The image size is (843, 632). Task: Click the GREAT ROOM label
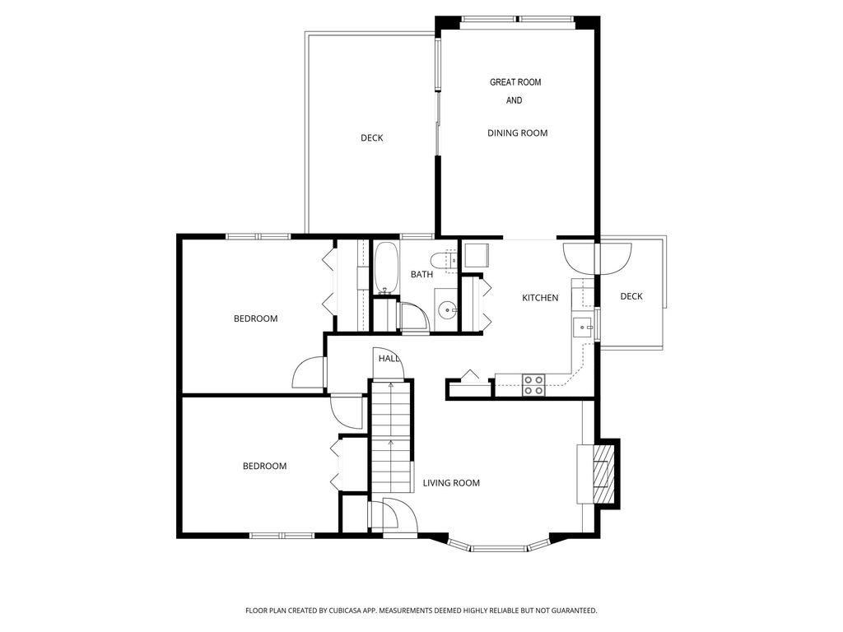pos(515,82)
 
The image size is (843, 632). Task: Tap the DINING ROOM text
pos(517,132)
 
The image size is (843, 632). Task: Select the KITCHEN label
pos(540,298)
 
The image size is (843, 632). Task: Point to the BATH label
pos(421,274)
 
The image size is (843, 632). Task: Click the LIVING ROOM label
pos(451,483)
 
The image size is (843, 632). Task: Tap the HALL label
pos(389,359)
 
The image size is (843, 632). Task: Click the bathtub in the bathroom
pos(386,268)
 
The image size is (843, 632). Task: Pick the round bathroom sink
pos(447,310)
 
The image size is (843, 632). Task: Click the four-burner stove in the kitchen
pos(533,385)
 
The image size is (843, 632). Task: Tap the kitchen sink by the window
pos(582,327)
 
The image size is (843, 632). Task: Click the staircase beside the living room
pos(391,436)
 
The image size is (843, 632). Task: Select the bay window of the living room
pos(498,546)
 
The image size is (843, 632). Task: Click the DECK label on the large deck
pos(371,138)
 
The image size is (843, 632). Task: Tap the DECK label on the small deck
pos(631,296)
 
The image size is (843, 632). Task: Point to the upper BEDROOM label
pos(255,318)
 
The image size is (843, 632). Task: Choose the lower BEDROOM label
pos(264,466)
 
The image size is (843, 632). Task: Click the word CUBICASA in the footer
pos(348,611)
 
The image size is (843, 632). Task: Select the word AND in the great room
pos(514,100)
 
